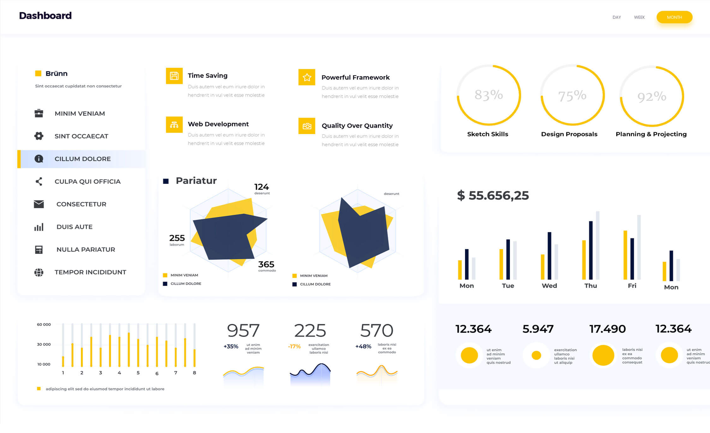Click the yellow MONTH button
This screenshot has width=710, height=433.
(674, 17)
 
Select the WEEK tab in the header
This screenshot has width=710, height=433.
(639, 17)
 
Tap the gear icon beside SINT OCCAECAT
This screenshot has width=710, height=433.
(39, 136)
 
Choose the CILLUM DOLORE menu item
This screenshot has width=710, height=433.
(82, 159)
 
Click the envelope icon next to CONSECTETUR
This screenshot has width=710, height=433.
(39, 204)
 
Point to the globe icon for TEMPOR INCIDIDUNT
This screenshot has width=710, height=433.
(39, 272)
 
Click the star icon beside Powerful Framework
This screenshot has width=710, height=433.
(307, 77)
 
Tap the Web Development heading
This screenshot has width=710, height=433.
(218, 124)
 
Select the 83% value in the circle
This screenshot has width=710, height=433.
(488, 95)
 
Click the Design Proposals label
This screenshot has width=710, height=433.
(569, 134)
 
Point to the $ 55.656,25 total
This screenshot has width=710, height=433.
(492, 196)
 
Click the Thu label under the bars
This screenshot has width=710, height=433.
(590, 286)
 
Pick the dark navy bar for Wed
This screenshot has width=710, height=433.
(549, 255)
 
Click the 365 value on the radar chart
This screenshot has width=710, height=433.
(266, 264)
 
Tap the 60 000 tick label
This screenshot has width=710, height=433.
(44, 325)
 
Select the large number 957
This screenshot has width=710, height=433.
(243, 331)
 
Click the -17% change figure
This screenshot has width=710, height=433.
(294, 346)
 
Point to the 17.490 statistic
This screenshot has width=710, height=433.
(607, 329)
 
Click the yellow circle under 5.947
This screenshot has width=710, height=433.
(536, 355)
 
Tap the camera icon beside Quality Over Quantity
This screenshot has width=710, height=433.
(307, 126)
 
